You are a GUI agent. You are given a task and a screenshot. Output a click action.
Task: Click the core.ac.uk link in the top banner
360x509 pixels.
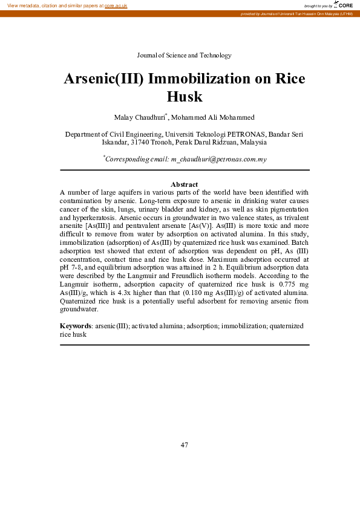coord(116,5)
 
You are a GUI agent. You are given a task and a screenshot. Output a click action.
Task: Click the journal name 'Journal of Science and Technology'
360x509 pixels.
coord(184,56)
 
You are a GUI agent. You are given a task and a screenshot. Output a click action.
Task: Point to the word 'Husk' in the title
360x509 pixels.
coord(184,97)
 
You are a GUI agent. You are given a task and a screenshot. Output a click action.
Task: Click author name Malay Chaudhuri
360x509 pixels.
coord(140,117)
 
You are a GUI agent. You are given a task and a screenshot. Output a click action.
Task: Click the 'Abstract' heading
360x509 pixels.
coord(184,184)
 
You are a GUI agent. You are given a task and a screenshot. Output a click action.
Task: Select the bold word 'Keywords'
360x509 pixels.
coord(75,325)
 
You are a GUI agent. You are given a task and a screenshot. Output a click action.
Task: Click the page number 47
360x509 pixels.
coord(184,445)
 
